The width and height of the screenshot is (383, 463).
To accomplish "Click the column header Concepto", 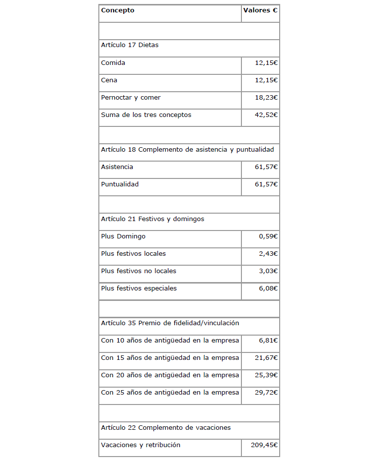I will (x=118, y=10).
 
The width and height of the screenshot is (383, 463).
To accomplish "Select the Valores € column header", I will (x=260, y=10).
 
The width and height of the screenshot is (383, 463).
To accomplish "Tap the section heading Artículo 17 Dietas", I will (x=130, y=45).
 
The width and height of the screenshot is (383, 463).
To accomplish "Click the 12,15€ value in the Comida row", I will (x=266, y=63).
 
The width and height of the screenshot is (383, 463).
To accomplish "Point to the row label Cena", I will (x=109, y=80).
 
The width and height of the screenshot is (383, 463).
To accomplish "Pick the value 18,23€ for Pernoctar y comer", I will (x=266, y=98).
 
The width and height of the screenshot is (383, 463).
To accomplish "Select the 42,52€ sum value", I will (x=266, y=115).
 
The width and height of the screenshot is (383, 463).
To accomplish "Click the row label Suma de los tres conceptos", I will (x=146, y=115).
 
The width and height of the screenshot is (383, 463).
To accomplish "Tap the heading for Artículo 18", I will (x=187, y=149).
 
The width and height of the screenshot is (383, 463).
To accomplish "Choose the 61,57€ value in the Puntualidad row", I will (x=266, y=184).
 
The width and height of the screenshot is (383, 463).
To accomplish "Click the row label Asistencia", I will (x=117, y=167).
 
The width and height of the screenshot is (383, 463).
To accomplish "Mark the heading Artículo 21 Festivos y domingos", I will (x=153, y=219).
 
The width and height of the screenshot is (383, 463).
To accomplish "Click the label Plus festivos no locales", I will (x=139, y=271).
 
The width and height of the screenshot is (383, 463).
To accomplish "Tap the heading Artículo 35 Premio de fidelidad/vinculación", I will (x=170, y=323).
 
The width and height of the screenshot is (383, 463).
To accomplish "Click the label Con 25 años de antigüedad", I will (x=170, y=393).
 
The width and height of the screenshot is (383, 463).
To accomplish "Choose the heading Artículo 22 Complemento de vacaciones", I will (x=166, y=427).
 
